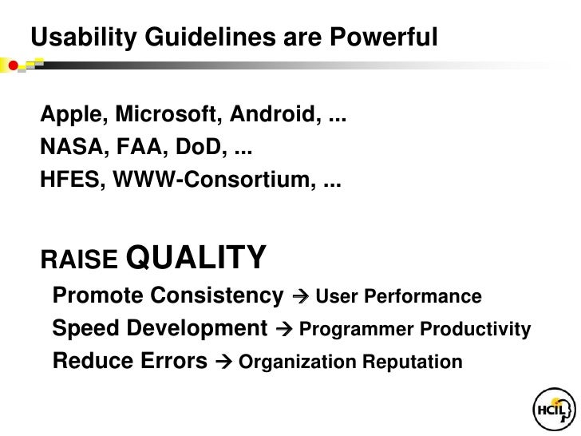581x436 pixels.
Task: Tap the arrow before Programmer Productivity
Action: [284, 329]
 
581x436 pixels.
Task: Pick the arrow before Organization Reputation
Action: [223, 362]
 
